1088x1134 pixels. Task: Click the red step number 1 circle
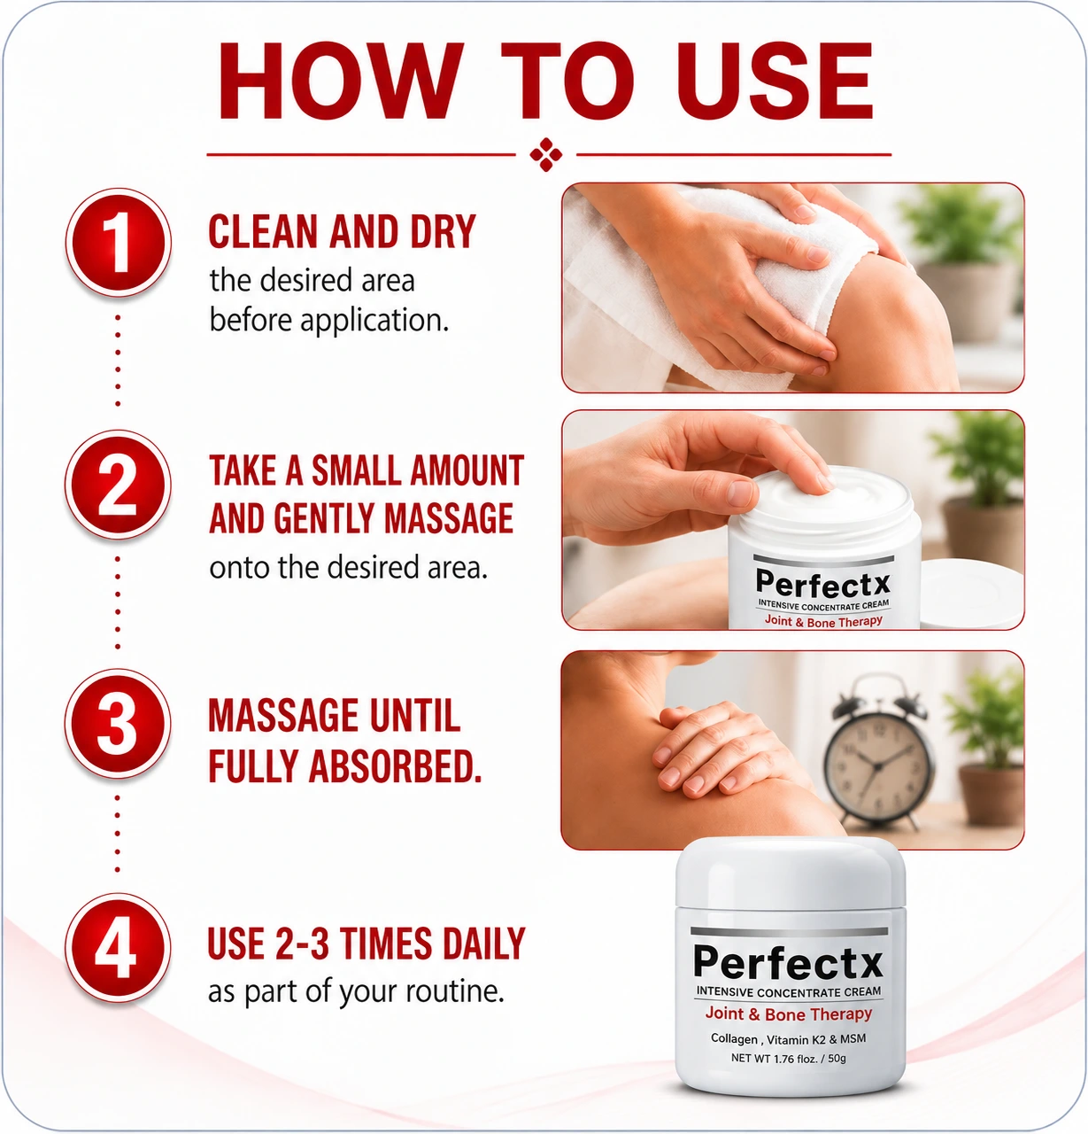pos(119,242)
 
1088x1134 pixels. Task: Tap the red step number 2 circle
pos(119,485)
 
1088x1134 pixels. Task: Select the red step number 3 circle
pos(119,723)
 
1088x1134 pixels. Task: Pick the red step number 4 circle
pos(119,948)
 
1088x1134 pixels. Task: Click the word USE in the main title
pos(775,81)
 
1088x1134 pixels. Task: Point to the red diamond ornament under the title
pos(546,154)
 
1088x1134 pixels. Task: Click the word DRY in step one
pos(444,231)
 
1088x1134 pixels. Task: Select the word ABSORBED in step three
pos(395,765)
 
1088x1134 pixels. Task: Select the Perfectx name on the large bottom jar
pos(788,962)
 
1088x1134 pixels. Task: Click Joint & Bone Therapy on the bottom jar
pos(788,1014)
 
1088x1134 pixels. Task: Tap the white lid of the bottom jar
pos(791,873)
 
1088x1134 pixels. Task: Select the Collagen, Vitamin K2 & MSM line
pos(788,1039)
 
